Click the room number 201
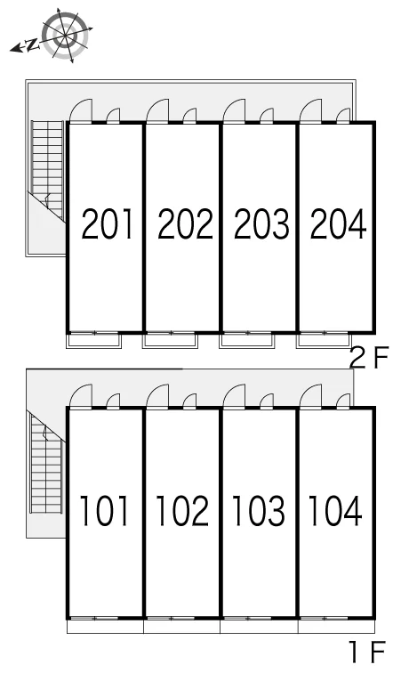click(107, 224)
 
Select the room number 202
click(185, 224)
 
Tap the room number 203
click(261, 224)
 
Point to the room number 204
click(338, 224)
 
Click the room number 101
click(104, 511)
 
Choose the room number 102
click(182, 511)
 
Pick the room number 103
click(259, 511)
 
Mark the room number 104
click(335, 511)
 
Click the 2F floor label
click(369, 359)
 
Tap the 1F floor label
click(367, 653)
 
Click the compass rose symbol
click(66, 36)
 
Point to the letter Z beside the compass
click(32, 45)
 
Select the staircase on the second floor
click(48, 170)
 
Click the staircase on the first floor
click(45, 464)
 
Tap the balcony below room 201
click(94, 341)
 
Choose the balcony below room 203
click(247, 341)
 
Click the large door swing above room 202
click(157, 110)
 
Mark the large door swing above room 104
click(310, 396)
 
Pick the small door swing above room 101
click(114, 401)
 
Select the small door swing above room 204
click(343, 115)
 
